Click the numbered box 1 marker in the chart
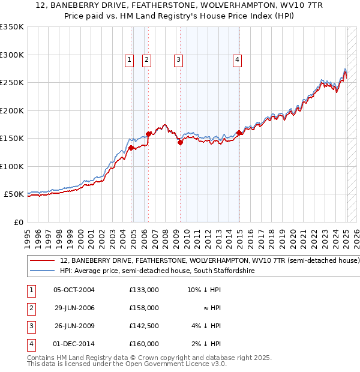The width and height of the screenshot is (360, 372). click(x=129, y=59)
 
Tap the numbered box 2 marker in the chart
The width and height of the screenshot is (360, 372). click(x=146, y=59)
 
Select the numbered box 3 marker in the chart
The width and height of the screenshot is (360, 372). click(x=179, y=59)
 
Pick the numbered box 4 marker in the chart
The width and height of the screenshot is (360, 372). click(x=238, y=59)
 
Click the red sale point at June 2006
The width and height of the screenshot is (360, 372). click(x=148, y=134)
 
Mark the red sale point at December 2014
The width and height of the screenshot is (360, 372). click(x=239, y=133)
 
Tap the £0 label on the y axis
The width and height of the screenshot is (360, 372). click(x=17, y=222)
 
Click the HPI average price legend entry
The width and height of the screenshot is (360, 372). click(x=157, y=271)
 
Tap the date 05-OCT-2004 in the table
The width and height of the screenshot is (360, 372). click(x=74, y=290)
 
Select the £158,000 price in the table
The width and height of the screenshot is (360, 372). click(x=143, y=308)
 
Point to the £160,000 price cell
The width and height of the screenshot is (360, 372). click(x=143, y=344)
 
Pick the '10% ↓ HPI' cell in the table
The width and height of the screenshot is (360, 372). click(x=204, y=290)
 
